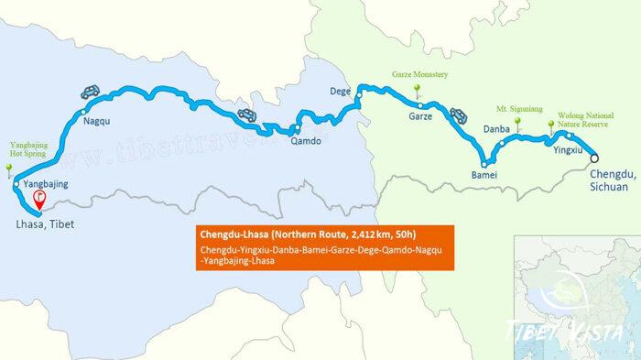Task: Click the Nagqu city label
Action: point(96,120)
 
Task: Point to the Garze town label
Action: point(420,117)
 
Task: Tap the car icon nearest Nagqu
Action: point(90,92)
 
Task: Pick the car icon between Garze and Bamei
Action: point(458,115)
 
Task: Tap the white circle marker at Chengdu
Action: point(596,157)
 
